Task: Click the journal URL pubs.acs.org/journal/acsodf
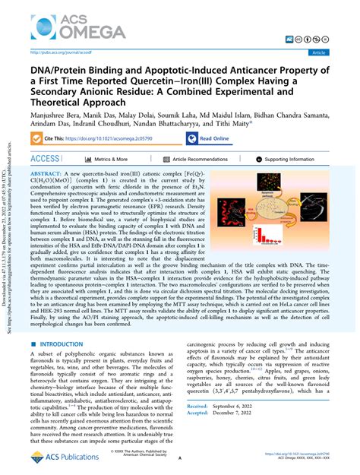point(58,52)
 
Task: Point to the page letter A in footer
point(180,459)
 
